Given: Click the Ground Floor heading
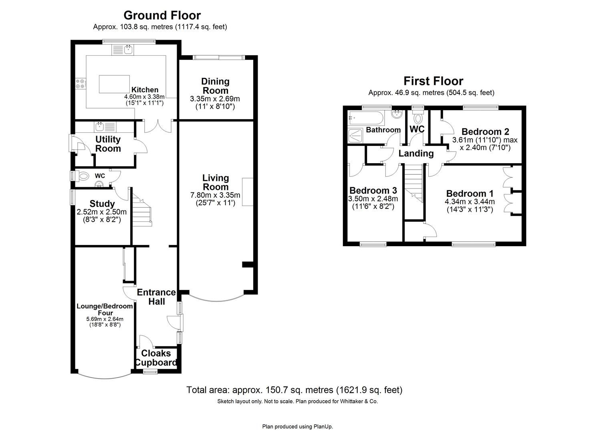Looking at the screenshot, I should click(162, 15).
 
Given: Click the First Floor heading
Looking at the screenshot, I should click(433, 81).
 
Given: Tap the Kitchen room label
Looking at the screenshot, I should click(145, 90).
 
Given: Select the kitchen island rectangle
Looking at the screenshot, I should click(114, 84).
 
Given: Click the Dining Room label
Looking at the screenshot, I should click(215, 86).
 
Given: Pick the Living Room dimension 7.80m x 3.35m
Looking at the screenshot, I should click(215, 195).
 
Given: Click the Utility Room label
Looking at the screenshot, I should click(108, 144).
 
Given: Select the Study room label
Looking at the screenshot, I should click(102, 204).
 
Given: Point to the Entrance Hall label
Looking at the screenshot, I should click(156, 297).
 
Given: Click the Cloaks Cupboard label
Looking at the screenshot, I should click(156, 358).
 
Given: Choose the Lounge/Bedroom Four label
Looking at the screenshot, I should click(105, 310).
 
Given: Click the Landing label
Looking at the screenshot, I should click(416, 153).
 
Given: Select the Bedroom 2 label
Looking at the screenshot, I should click(485, 132).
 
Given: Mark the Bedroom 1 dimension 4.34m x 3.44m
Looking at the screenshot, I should click(470, 202).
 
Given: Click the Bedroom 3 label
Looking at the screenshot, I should click(373, 190).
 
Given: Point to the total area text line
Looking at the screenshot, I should click(294, 390).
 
